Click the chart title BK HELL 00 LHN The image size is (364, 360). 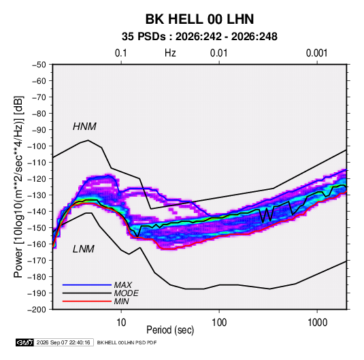click(x=199, y=19)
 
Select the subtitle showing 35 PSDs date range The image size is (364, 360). click(x=199, y=37)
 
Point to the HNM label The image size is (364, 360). click(x=84, y=127)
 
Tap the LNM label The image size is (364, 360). click(x=84, y=249)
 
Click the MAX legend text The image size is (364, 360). click(x=123, y=285)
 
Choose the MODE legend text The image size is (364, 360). click(x=127, y=293)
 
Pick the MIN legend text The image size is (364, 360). click(x=121, y=301)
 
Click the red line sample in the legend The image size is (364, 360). click(x=87, y=301)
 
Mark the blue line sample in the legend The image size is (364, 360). click(x=87, y=284)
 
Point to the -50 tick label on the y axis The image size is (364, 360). click(x=39, y=65)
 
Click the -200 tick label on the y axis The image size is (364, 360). click(x=37, y=310)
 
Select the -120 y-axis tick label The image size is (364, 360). click(x=37, y=179)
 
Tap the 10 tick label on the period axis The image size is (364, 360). click(x=121, y=323)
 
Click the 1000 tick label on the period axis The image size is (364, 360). click(x=317, y=323)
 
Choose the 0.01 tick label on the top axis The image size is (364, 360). click(x=218, y=53)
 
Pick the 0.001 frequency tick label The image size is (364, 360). click(x=316, y=53)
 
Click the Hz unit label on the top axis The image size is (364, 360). click(x=170, y=53)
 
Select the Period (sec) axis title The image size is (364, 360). click(x=170, y=330)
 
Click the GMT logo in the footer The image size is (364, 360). click(x=25, y=342)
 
